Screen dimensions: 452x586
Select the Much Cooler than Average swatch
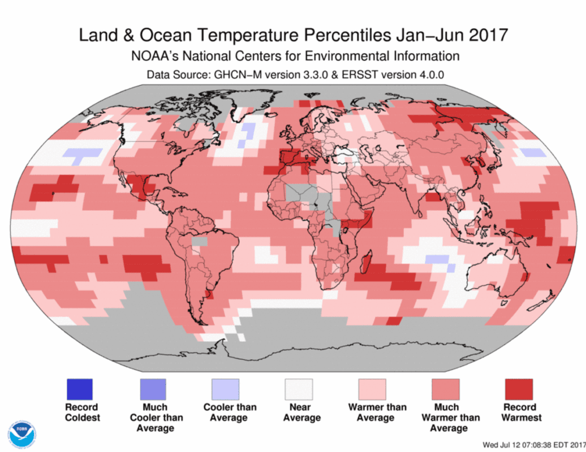coord(153,389)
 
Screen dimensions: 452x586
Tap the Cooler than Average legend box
coord(225,389)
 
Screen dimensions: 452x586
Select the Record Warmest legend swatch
coord(518,389)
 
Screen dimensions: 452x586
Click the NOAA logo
coord(21,434)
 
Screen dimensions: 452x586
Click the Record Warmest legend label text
coord(519,412)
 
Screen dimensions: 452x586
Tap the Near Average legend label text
coord(301,412)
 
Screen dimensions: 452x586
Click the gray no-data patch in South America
coord(199,241)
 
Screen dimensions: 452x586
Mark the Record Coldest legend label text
coord(82,412)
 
